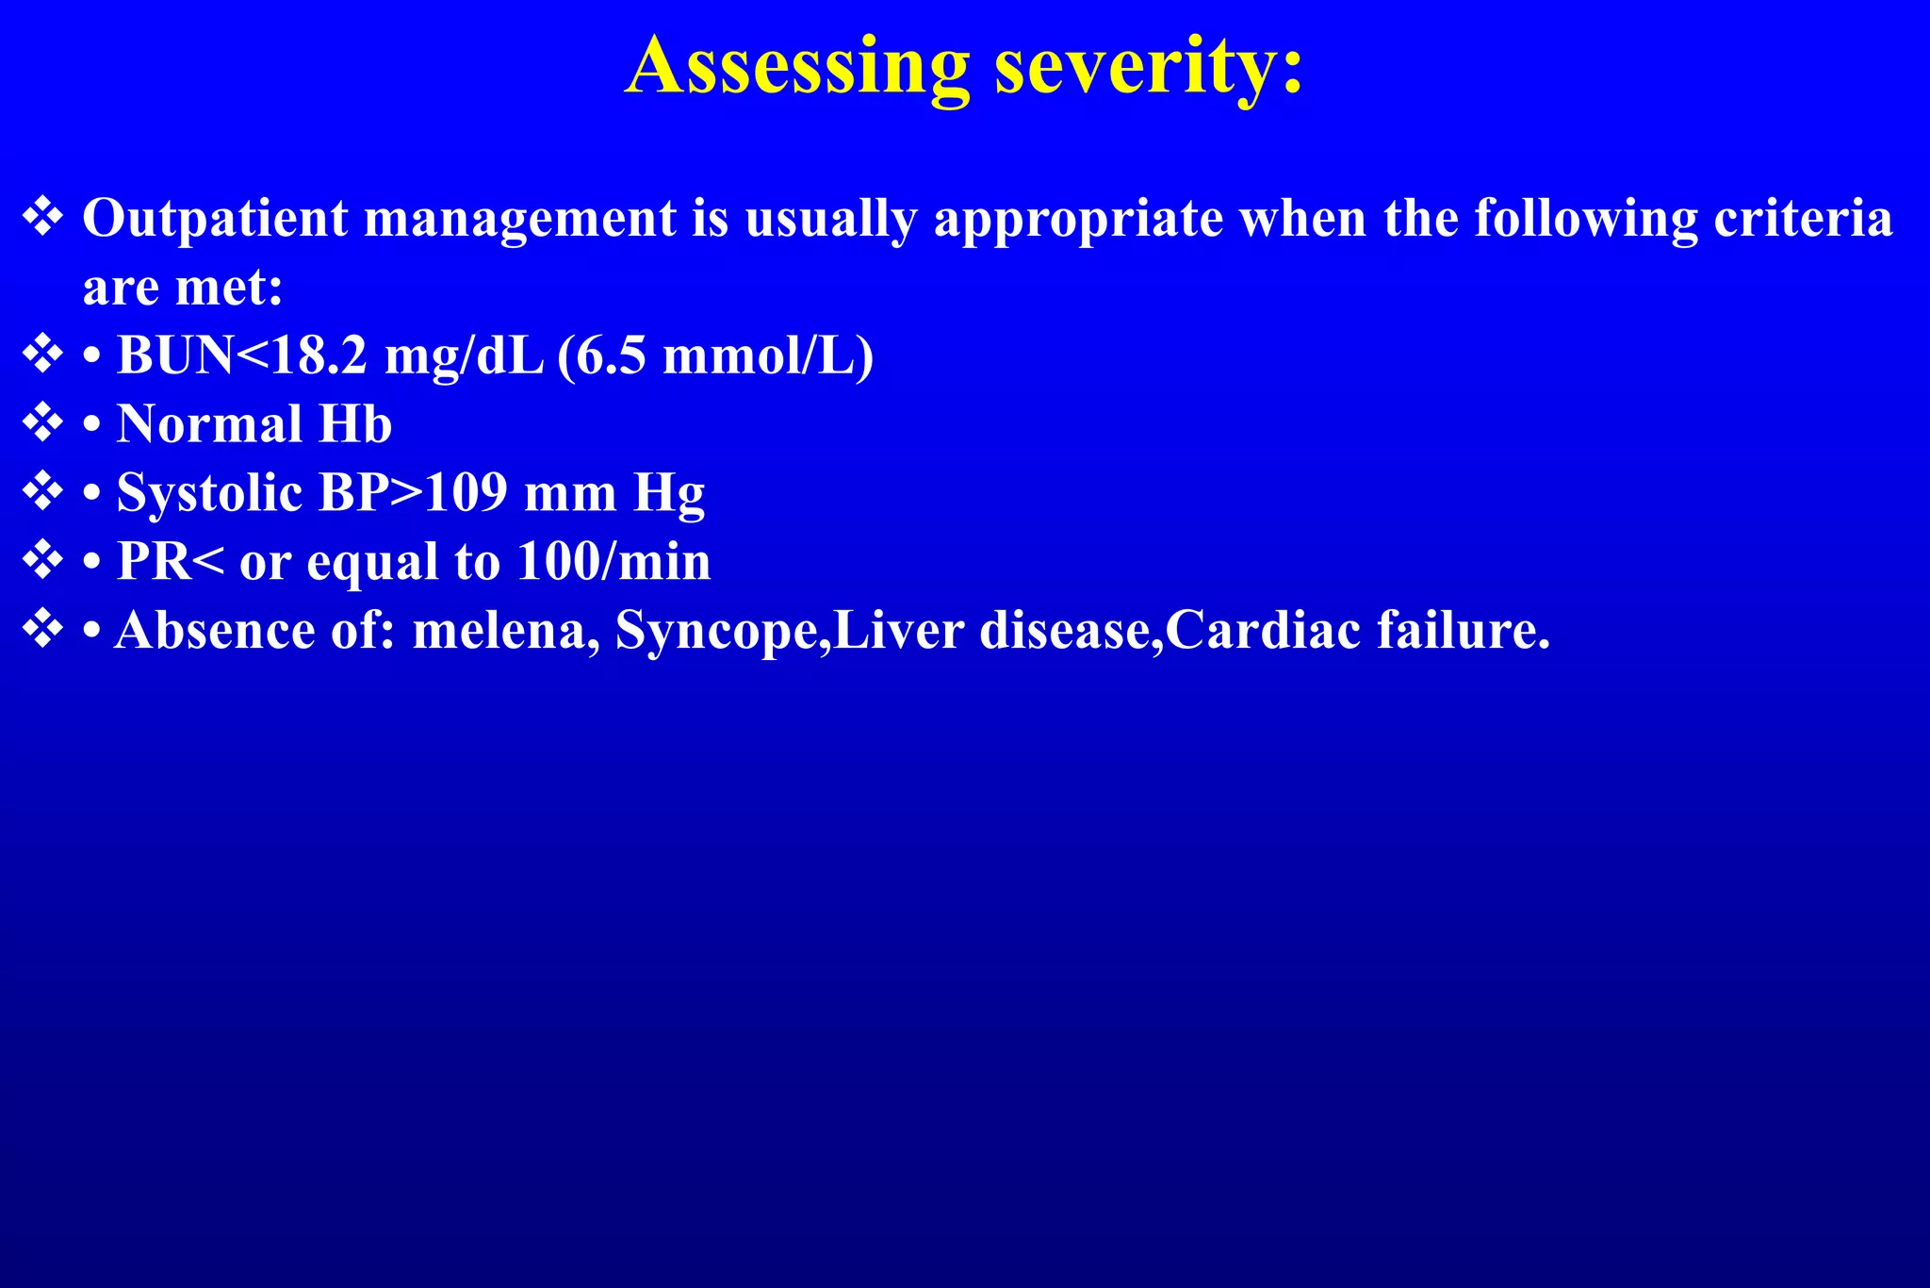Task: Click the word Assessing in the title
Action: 796,66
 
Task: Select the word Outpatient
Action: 216,219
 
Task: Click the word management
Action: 520,219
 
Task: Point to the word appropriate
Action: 1078,219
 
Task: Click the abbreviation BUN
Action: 175,355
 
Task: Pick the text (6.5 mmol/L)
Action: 715,355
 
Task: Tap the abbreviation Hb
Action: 355,424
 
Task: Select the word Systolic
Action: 209,492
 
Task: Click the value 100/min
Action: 613,561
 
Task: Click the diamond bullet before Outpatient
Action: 42,218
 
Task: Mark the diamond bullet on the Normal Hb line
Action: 42,423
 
